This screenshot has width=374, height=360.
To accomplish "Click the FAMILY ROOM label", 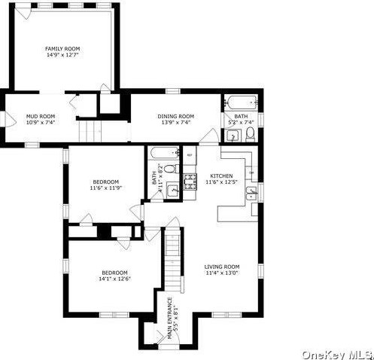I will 62,51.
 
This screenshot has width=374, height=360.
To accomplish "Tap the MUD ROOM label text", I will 42,119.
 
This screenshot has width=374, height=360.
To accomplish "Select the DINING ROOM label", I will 175,119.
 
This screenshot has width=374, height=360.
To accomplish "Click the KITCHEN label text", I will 221,178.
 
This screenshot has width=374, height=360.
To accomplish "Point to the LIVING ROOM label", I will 221,270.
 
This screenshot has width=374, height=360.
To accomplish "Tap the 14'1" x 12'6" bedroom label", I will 114,276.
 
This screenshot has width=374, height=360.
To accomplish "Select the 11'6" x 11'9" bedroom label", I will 105,185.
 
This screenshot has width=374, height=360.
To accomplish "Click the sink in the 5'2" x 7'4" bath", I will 233,136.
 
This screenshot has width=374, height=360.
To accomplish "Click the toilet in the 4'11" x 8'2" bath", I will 170,168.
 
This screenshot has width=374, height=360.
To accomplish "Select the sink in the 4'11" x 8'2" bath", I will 172,189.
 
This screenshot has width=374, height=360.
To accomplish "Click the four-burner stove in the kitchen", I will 190,180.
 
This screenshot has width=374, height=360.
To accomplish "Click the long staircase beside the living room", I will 174,260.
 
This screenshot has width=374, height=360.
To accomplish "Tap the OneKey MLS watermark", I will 337,354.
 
